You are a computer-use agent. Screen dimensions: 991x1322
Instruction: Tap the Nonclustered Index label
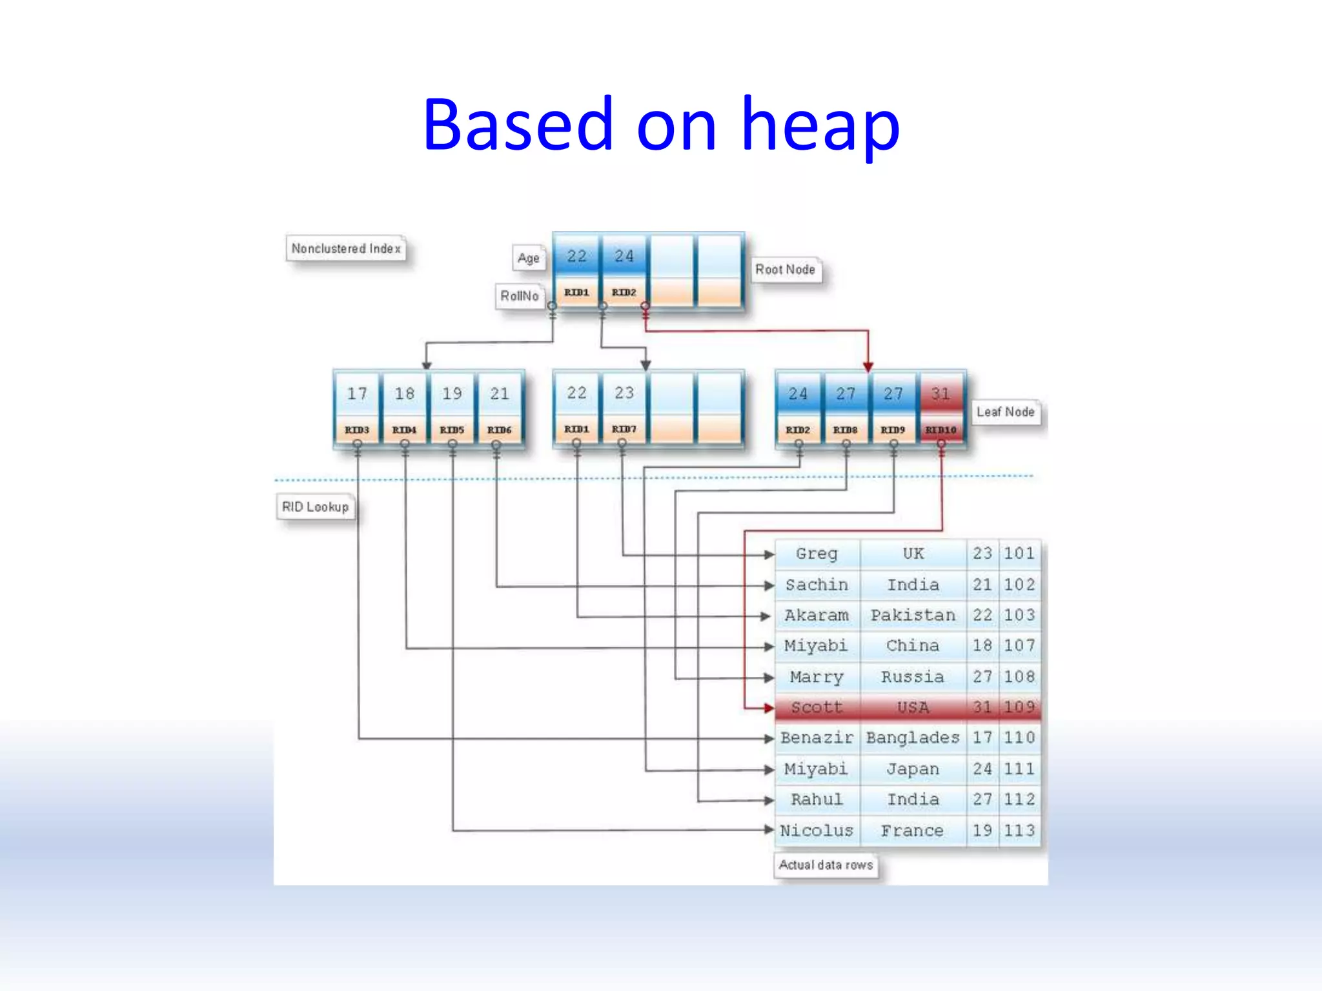point(346,248)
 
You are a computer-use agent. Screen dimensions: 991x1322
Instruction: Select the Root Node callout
point(785,270)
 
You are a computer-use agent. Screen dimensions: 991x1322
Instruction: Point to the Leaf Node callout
point(1005,412)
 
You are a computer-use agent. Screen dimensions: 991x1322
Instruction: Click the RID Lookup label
point(315,507)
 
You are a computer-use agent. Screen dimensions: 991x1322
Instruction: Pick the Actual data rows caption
point(826,865)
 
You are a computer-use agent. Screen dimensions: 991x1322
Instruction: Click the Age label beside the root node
point(528,258)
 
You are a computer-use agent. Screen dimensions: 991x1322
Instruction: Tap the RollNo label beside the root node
point(519,296)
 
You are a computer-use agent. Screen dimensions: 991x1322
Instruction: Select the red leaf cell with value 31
point(941,394)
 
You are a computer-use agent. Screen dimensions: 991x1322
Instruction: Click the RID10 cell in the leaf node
point(941,430)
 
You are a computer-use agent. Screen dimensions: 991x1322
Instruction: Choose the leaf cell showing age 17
point(357,394)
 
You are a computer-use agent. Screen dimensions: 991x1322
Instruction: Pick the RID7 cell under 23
point(624,429)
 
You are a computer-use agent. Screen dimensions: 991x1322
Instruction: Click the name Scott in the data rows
point(817,707)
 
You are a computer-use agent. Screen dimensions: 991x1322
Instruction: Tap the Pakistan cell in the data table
point(913,615)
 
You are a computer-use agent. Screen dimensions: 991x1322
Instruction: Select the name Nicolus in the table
point(817,830)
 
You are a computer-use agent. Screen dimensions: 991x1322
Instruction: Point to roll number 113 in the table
point(1019,830)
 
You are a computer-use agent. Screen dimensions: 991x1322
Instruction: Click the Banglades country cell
point(913,737)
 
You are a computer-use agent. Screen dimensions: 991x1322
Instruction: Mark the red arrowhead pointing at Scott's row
point(768,708)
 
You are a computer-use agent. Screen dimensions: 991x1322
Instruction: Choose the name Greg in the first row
point(817,554)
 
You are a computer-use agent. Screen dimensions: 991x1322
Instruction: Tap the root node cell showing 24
point(624,256)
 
